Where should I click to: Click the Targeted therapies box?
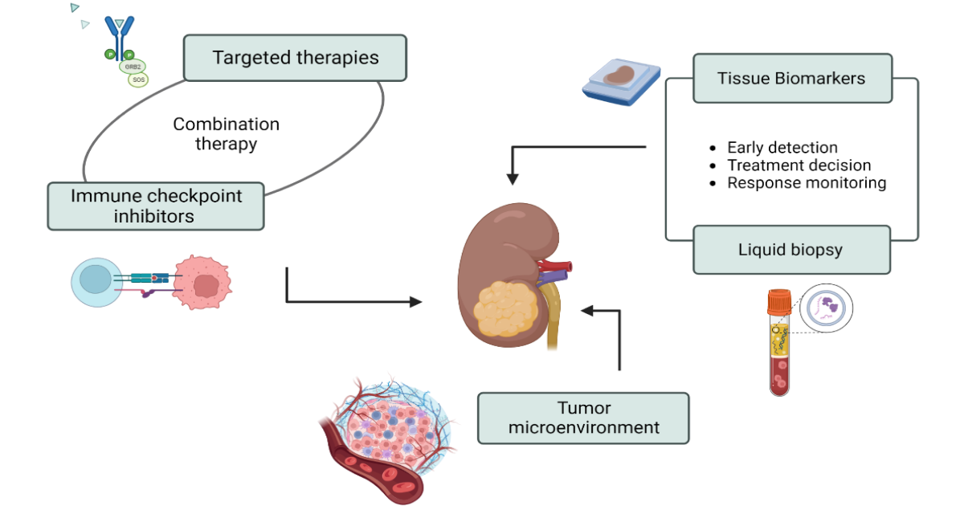(x=295, y=58)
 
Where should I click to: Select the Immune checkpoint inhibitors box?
(x=156, y=206)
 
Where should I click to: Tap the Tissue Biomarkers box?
(x=792, y=78)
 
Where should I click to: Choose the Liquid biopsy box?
(x=790, y=250)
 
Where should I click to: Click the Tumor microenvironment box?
(x=583, y=418)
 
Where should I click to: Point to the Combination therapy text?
(x=226, y=134)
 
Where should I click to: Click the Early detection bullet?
(x=782, y=148)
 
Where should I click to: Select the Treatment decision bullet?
(x=798, y=165)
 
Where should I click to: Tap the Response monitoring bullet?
(x=806, y=183)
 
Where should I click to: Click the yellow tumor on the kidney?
(x=502, y=311)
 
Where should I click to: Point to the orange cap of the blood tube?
(x=778, y=303)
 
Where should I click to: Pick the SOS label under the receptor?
(x=138, y=80)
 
